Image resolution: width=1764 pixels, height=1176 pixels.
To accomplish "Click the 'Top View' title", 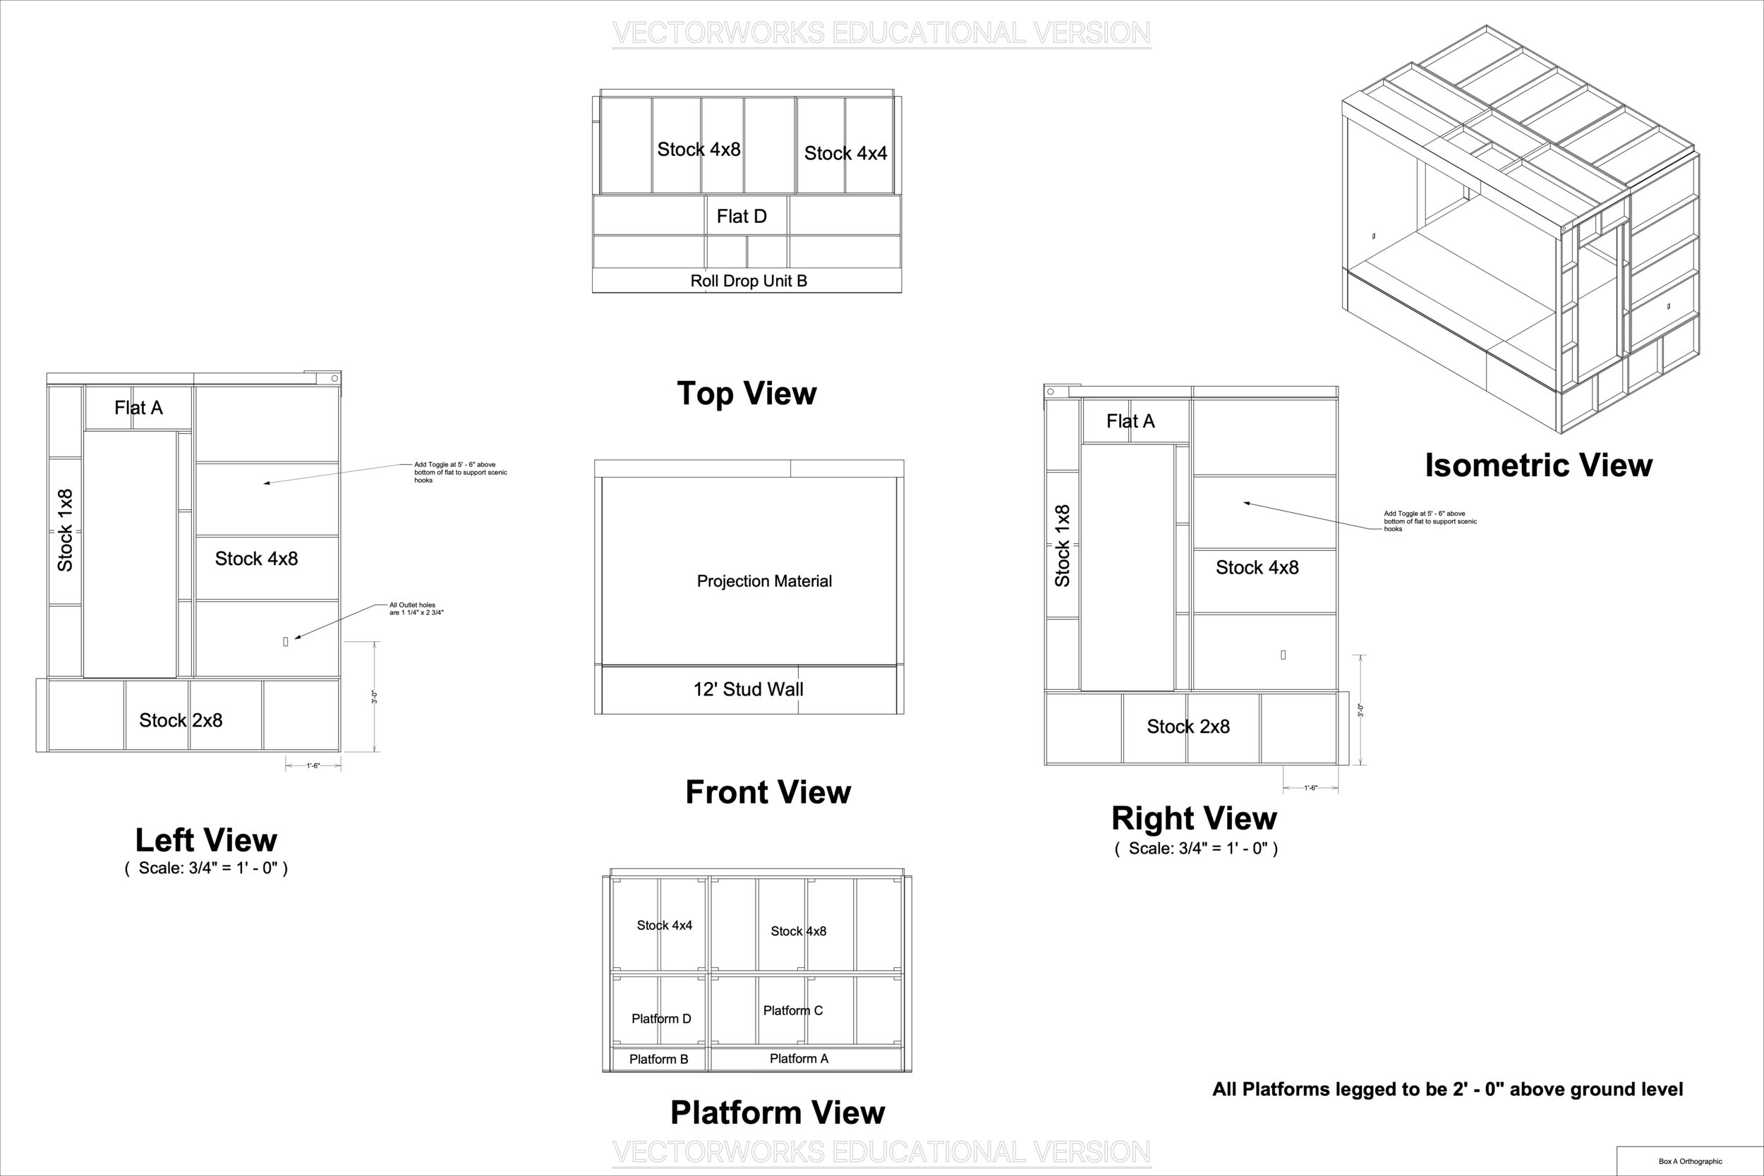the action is pos(747,394).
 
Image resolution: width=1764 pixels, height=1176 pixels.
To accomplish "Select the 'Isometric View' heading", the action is pos(1538,465).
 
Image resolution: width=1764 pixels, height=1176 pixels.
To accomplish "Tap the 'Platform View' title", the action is pos(778,1113).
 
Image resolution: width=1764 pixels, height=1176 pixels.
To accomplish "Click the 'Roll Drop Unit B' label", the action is pos(749,281).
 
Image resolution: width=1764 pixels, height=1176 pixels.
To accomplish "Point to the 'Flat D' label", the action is pos(742,216).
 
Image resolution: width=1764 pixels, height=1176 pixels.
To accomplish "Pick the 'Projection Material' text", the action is pos(764,581).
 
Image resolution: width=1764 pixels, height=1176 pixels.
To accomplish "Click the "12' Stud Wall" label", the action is pos(748,689).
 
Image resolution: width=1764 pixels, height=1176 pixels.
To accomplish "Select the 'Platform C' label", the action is pos(793,1010).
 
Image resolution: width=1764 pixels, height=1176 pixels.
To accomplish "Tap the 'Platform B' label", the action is pos(658,1059).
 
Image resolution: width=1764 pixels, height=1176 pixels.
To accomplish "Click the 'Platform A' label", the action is pos(799,1058).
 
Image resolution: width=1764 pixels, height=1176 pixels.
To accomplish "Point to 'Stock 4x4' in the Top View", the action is pos(845,153).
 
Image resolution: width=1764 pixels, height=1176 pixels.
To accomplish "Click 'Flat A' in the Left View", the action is pos(138,407).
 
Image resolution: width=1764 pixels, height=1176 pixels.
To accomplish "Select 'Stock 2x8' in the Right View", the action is pos(1188,726).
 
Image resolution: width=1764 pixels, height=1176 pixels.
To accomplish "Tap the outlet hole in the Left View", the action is pos(285,641).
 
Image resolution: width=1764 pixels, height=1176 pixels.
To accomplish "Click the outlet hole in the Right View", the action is pos(1283,655).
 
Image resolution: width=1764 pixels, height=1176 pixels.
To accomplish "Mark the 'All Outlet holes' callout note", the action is pos(416,608).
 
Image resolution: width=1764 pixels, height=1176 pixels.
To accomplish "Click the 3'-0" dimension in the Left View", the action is pos(373,696).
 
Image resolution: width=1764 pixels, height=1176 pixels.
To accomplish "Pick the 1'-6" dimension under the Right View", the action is pos(1310,788).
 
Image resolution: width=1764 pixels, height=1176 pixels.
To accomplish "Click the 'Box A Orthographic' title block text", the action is pos(1691,1161).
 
